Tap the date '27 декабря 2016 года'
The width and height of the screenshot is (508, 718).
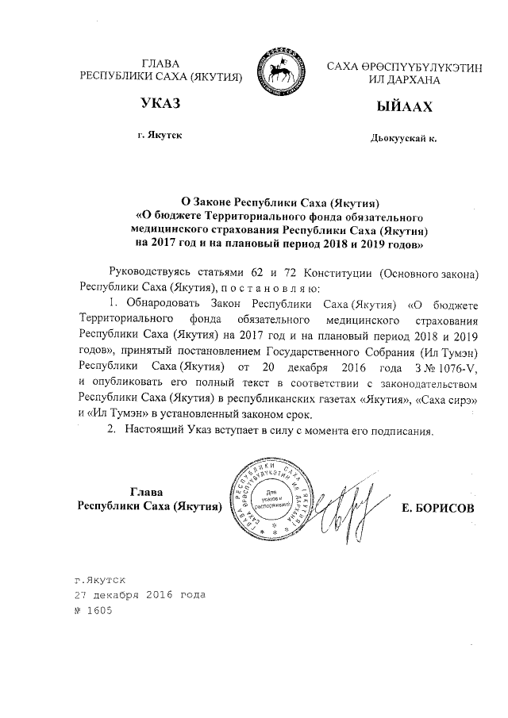139,594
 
